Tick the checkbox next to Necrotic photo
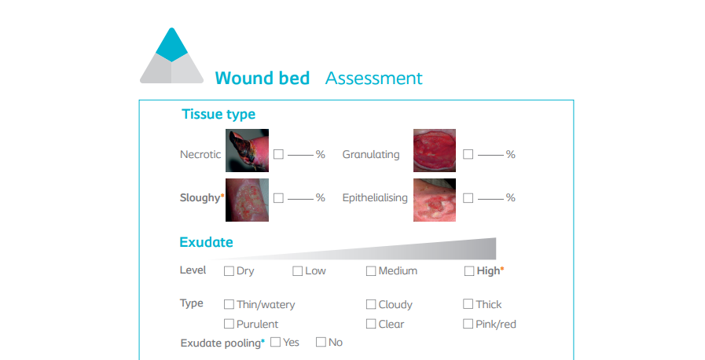point(279,154)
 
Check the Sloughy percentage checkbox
point(279,198)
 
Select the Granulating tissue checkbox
point(468,154)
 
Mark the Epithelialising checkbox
point(468,198)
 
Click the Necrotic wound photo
point(248,151)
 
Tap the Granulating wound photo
point(435,151)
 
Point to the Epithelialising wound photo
point(435,200)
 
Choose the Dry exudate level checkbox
point(229,271)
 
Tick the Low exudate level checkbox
point(297,271)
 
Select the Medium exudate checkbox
point(371,271)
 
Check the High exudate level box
point(469,271)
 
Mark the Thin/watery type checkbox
point(229,304)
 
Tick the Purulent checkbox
point(229,324)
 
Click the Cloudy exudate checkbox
point(371,304)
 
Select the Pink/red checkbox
point(468,324)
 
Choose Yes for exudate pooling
point(276,342)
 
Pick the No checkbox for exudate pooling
point(321,342)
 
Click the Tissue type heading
point(218,114)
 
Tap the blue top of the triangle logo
point(172,46)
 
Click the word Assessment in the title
point(373,78)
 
